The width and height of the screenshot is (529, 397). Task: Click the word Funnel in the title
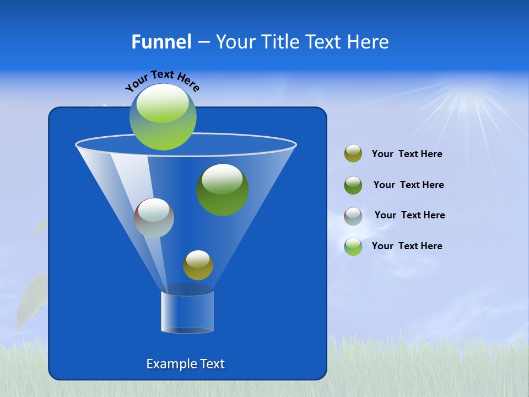click(161, 42)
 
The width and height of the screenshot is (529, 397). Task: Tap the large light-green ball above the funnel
click(163, 117)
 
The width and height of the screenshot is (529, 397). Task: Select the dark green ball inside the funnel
click(223, 190)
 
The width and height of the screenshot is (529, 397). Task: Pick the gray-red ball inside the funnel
click(154, 218)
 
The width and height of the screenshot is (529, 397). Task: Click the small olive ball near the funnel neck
click(198, 265)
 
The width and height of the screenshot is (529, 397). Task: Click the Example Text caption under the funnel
click(186, 364)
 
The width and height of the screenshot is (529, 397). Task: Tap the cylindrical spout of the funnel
click(187, 312)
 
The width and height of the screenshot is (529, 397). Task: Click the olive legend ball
click(353, 154)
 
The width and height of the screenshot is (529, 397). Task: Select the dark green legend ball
click(353, 185)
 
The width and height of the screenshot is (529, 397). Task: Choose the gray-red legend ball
click(353, 216)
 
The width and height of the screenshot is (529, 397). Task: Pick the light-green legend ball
click(353, 246)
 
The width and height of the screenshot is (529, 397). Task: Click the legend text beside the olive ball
click(407, 154)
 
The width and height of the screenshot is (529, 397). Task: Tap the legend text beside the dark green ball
click(408, 185)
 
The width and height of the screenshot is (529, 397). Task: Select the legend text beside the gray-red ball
click(409, 216)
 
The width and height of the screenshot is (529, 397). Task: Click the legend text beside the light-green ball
click(407, 246)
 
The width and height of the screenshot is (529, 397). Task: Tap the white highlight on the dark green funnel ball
click(222, 179)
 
